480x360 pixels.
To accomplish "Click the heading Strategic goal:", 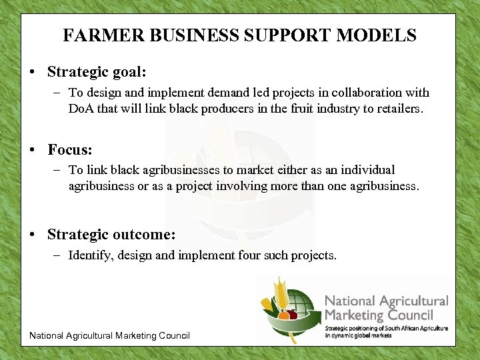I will coord(97,71).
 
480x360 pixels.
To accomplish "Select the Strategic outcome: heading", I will coord(111,235).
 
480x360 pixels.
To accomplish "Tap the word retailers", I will coord(397,108).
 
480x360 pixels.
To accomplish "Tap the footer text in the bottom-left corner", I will coord(109,335).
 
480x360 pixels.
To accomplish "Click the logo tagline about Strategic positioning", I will coord(386,331).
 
